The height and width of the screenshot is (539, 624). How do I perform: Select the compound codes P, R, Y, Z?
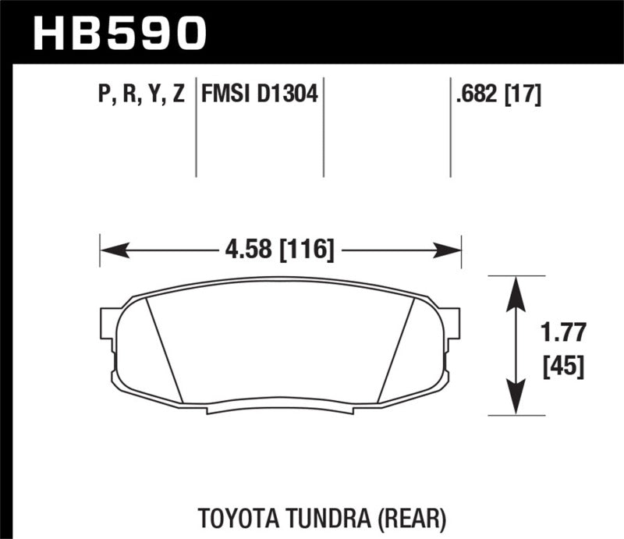[141, 95]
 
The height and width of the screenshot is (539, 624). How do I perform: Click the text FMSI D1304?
[258, 95]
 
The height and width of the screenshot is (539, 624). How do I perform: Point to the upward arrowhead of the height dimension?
[515, 289]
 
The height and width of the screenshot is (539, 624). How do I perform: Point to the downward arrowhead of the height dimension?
[515, 402]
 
